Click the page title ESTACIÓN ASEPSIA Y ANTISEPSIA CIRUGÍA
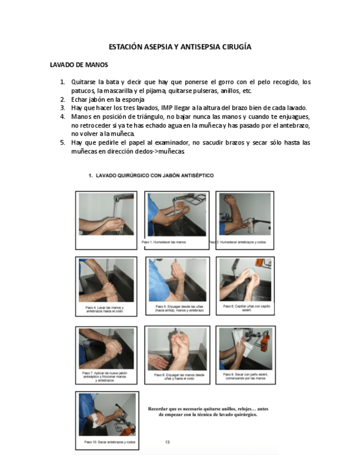click(180, 47)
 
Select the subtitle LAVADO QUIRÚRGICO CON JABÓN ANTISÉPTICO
click(151, 176)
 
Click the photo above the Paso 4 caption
click(106, 280)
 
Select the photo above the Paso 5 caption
click(177, 279)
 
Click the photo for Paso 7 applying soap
click(106, 348)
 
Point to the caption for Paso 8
click(177, 377)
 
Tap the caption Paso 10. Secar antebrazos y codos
click(110, 442)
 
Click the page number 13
click(168, 442)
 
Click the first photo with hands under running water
click(106, 214)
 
